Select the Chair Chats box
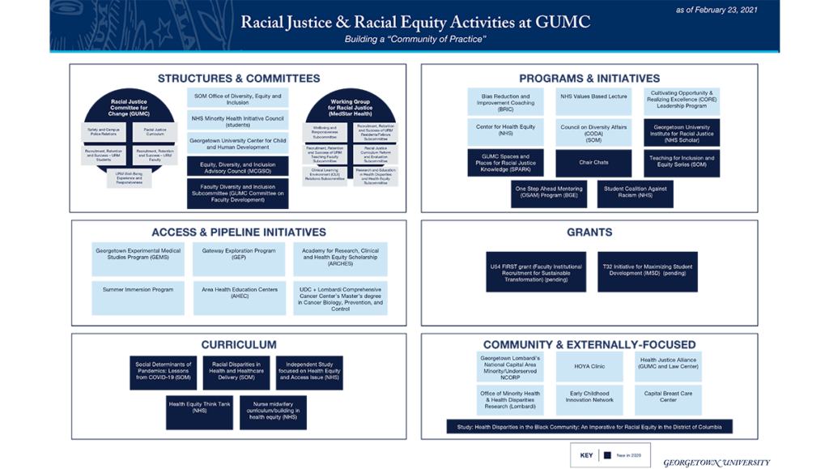pyautogui.click(x=593, y=162)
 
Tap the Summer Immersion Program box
pyautogui.click(x=138, y=289)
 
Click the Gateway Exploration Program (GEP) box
pyautogui.click(x=240, y=255)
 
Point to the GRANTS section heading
pyautogui.click(x=589, y=232)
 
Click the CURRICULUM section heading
pyautogui.click(x=239, y=344)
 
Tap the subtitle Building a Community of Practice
pyautogui.click(x=414, y=40)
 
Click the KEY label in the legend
pyautogui.click(x=586, y=455)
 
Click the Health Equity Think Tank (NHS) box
pyautogui.click(x=199, y=407)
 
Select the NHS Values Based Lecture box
pyautogui.click(x=593, y=96)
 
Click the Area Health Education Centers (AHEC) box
pyautogui.click(x=240, y=293)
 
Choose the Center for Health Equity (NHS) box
pyautogui.click(x=517, y=130)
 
